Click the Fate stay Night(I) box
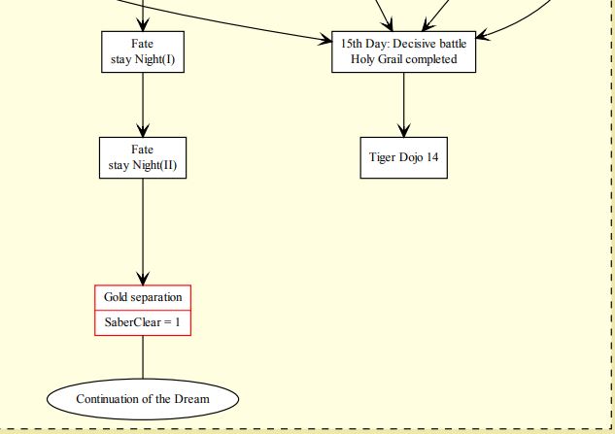tap(143, 51)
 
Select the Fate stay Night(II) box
tap(143, 157)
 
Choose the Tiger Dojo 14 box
tap(403, 157)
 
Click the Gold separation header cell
tap(143, 296)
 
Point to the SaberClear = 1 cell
tap(143, 322)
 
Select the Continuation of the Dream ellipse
tap(143, 398)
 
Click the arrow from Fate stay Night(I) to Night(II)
tap(143, 102)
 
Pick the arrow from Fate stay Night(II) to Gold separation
tap(143, 228)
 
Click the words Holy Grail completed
tap(403, 59)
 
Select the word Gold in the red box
tap(118, 296)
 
